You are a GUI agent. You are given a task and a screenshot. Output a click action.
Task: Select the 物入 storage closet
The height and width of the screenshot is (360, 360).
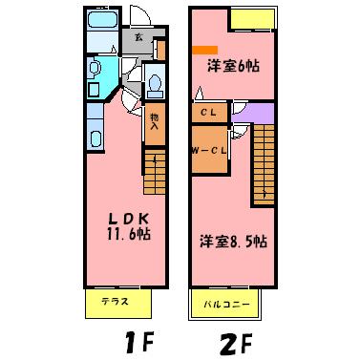pos(155,121)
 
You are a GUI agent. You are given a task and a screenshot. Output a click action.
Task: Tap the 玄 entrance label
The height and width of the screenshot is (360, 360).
pos(139,38)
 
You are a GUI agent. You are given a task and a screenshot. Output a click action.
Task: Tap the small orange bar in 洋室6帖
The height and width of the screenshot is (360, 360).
pos(204,49)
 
